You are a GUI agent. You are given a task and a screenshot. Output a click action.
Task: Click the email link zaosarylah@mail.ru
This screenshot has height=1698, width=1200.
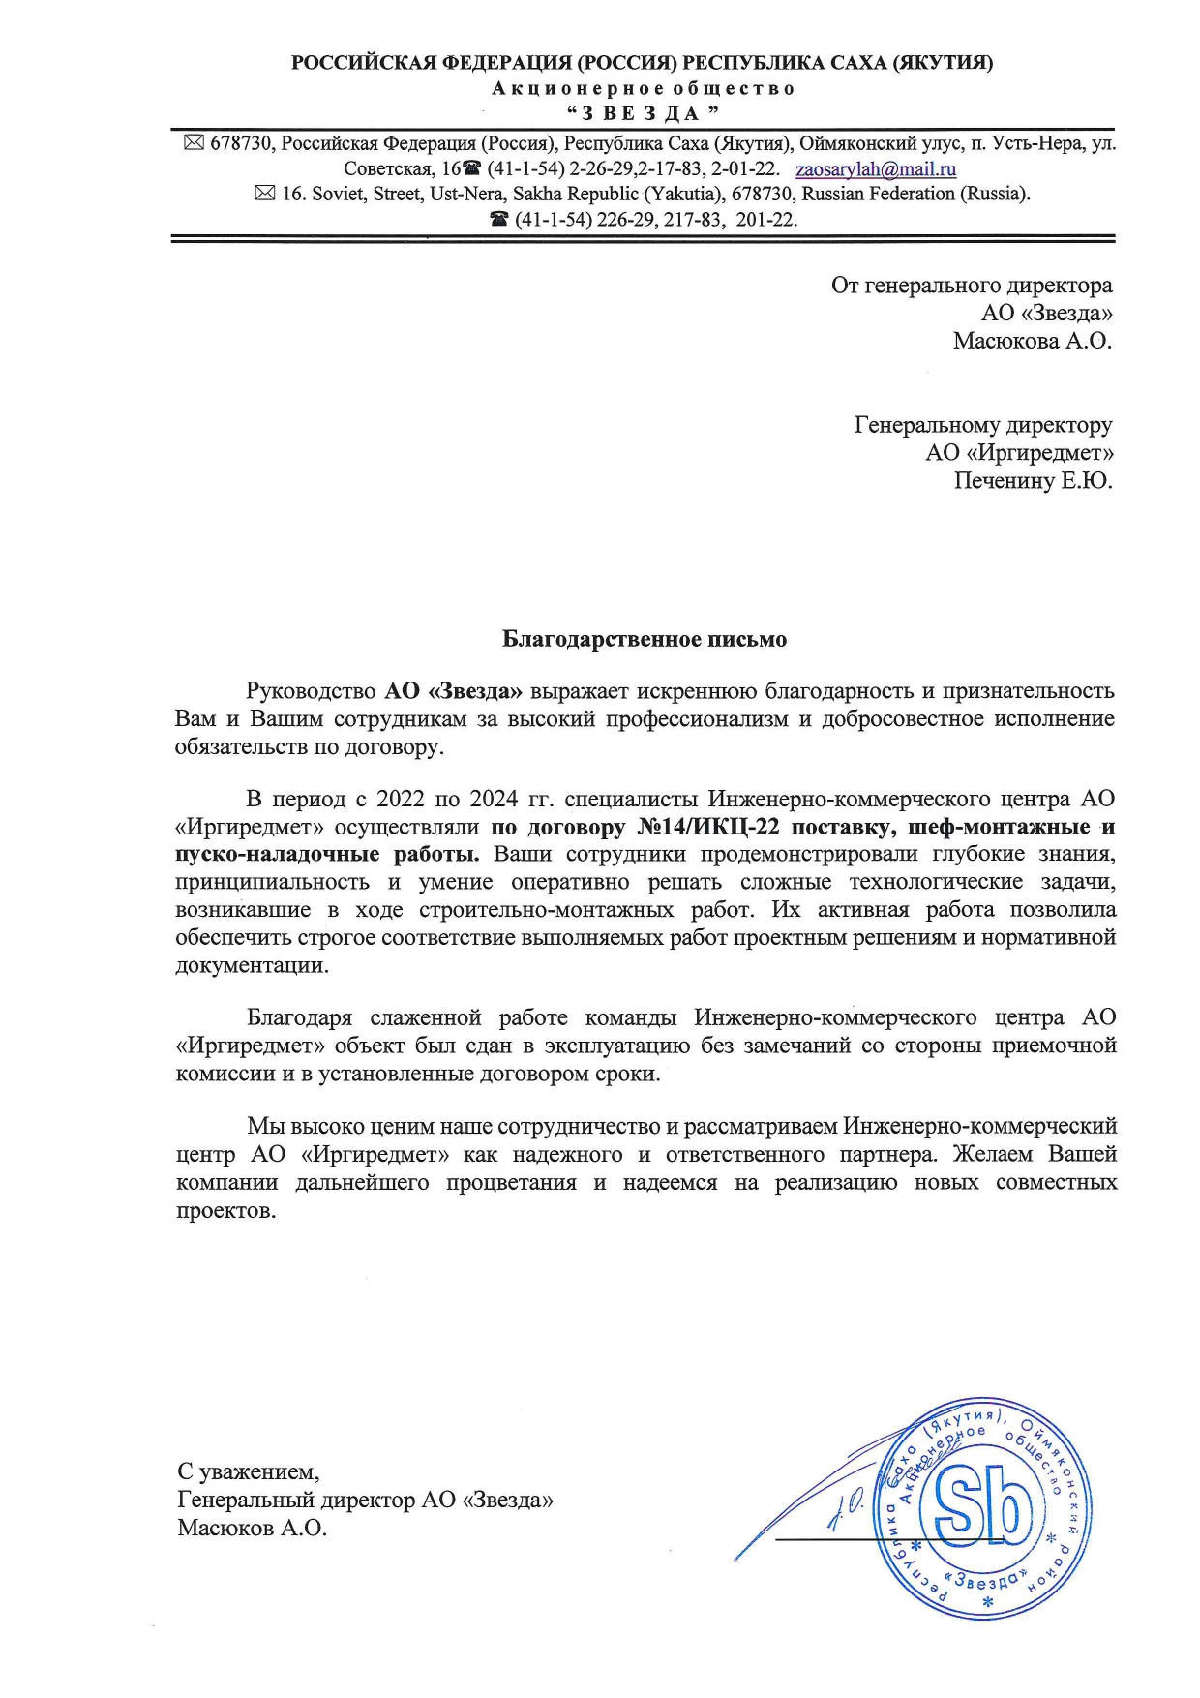[x=875, y=169]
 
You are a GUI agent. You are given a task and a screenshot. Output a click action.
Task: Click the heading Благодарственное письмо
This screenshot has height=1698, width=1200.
[x=644, y=639]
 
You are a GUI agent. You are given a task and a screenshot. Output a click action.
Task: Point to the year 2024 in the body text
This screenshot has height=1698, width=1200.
[x=495, y=799]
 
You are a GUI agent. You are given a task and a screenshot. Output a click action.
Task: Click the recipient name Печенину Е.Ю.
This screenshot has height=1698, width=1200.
[x=1033, y=480]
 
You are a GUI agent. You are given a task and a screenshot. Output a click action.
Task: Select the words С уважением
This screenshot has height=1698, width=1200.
[x=248, y=1471]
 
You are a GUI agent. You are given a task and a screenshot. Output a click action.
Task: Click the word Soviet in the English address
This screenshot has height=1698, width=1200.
[x=338, y=194]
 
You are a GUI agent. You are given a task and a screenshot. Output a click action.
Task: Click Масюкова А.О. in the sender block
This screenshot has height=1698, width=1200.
[x=1032, y=340]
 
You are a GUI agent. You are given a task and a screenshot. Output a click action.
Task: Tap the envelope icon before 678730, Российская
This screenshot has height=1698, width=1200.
[x=194, y=143]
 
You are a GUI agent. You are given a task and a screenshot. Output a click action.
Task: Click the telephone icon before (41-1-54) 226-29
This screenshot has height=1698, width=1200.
[x=499, y=220]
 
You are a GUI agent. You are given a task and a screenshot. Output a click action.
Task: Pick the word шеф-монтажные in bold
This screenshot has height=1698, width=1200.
[x=991, y=827]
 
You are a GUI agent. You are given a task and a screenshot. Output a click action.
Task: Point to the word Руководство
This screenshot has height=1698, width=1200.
[x=311, y=691]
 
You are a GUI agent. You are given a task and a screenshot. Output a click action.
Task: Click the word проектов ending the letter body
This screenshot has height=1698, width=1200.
[x=225, y=1210]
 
